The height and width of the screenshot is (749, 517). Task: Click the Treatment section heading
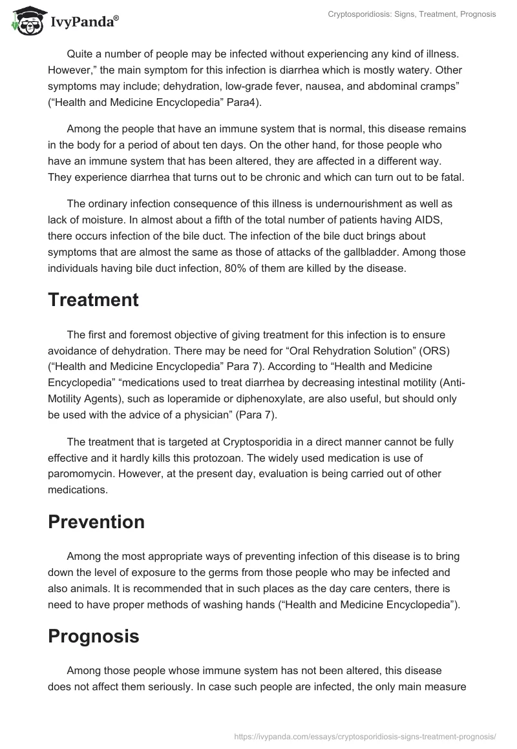(93, 300)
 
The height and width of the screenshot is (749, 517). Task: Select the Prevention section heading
(96, 522)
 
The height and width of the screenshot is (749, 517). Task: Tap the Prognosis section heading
(94, 636)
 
